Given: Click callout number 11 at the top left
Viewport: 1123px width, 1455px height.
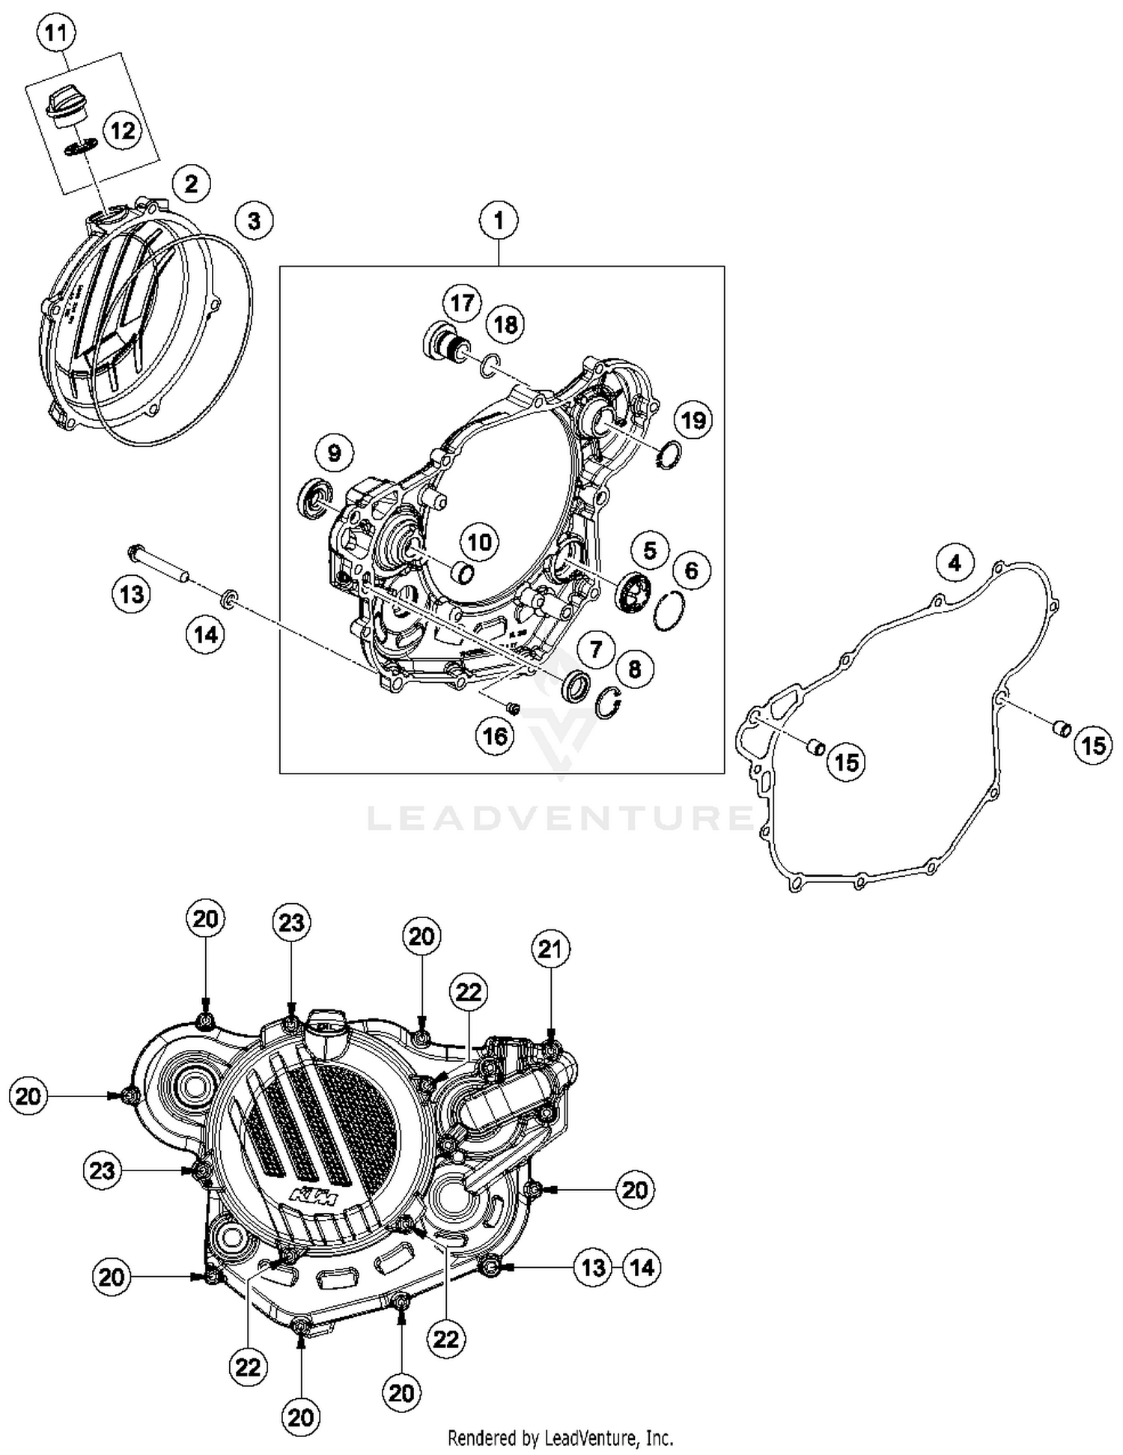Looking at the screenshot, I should click(x=56, y=34).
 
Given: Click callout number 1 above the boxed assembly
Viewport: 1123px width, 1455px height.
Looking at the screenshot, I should click(x=499, y=220).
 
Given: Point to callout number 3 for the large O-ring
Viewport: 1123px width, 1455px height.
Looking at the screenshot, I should click(x=254, y=221).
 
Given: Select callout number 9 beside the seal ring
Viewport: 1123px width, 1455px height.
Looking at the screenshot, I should click(x=334, y=452).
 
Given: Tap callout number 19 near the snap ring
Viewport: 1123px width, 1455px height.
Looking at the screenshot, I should click(x=693, y=419).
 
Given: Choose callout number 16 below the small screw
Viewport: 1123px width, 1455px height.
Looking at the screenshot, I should click(x=495, y=736).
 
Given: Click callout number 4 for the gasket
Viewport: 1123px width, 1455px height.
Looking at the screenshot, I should click(x=955, y=562).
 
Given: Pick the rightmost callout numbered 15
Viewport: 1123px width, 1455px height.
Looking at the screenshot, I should click(x=1093, y=745).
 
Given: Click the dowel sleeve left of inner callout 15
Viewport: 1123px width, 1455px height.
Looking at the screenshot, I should click(x=815, y=746).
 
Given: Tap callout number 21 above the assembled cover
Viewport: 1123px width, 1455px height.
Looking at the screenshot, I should click(x=550, y=949).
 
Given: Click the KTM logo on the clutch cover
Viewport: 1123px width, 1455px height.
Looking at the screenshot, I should click(x=314, y=1197).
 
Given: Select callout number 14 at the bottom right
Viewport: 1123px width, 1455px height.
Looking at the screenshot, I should click(x=642, y=1267).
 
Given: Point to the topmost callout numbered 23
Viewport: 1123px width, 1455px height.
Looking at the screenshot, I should click(x=291, y=922).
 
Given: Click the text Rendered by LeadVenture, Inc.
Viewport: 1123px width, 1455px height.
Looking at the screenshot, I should click(x=560, y=1438).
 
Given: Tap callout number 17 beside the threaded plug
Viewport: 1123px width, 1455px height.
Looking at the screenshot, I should click(x=462, y=303).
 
